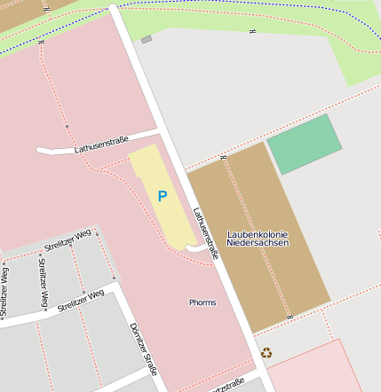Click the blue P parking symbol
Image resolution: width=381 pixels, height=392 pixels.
(162, 197)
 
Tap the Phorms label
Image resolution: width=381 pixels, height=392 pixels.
(202, 302)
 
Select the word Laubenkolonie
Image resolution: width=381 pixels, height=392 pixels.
(257, 234)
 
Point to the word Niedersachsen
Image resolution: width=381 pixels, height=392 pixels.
(257, 243)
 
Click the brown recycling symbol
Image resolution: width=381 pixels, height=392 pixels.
(266, 353)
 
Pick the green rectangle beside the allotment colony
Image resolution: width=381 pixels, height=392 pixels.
(304, 145)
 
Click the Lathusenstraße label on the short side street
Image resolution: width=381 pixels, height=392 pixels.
(101, 144)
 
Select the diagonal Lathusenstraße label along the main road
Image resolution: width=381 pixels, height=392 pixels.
(205, 232)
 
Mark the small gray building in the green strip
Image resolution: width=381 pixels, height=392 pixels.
(147, 39)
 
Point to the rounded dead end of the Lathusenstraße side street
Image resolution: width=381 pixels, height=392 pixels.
(40, 151)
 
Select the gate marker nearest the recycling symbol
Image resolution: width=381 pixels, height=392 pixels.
(290, 317)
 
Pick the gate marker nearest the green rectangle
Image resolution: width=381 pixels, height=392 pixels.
(222, 156)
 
